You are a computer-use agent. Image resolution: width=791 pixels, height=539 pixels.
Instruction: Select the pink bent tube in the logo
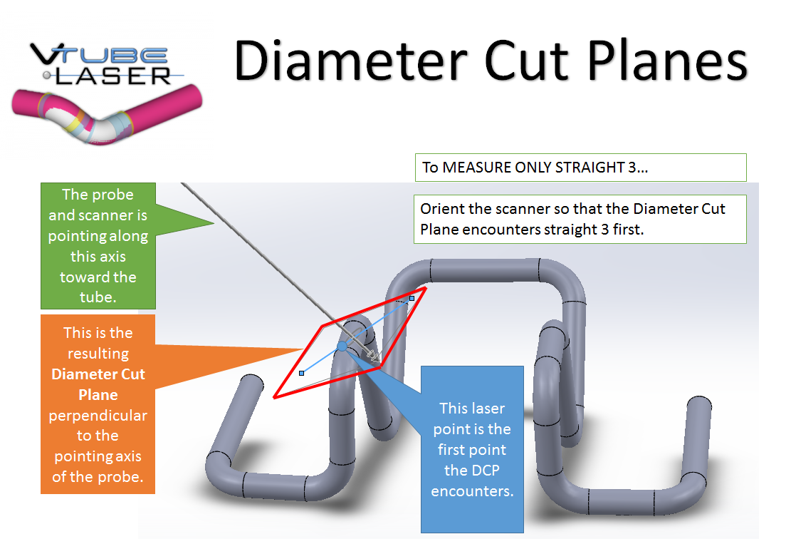point(107,114)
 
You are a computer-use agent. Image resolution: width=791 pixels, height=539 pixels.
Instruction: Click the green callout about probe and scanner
point(98,245)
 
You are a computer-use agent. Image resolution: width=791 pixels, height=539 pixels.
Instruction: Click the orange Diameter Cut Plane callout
point(98,404)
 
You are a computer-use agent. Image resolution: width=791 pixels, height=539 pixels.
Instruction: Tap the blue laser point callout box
point(472,449)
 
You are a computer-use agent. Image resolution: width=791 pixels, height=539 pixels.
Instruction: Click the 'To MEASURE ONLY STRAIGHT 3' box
point(580,168)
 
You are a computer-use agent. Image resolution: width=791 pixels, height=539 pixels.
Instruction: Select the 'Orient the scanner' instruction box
point(580,219)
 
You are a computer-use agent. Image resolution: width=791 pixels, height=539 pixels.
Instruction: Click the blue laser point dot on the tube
point(342,346)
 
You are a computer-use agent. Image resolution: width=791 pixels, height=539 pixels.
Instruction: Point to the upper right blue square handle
point(412,297)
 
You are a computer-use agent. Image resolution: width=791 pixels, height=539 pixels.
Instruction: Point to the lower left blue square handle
point(302,373)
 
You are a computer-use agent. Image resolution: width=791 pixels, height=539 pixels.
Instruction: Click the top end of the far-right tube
point(698,404)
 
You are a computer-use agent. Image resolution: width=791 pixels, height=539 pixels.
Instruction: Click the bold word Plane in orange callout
point(98,394)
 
